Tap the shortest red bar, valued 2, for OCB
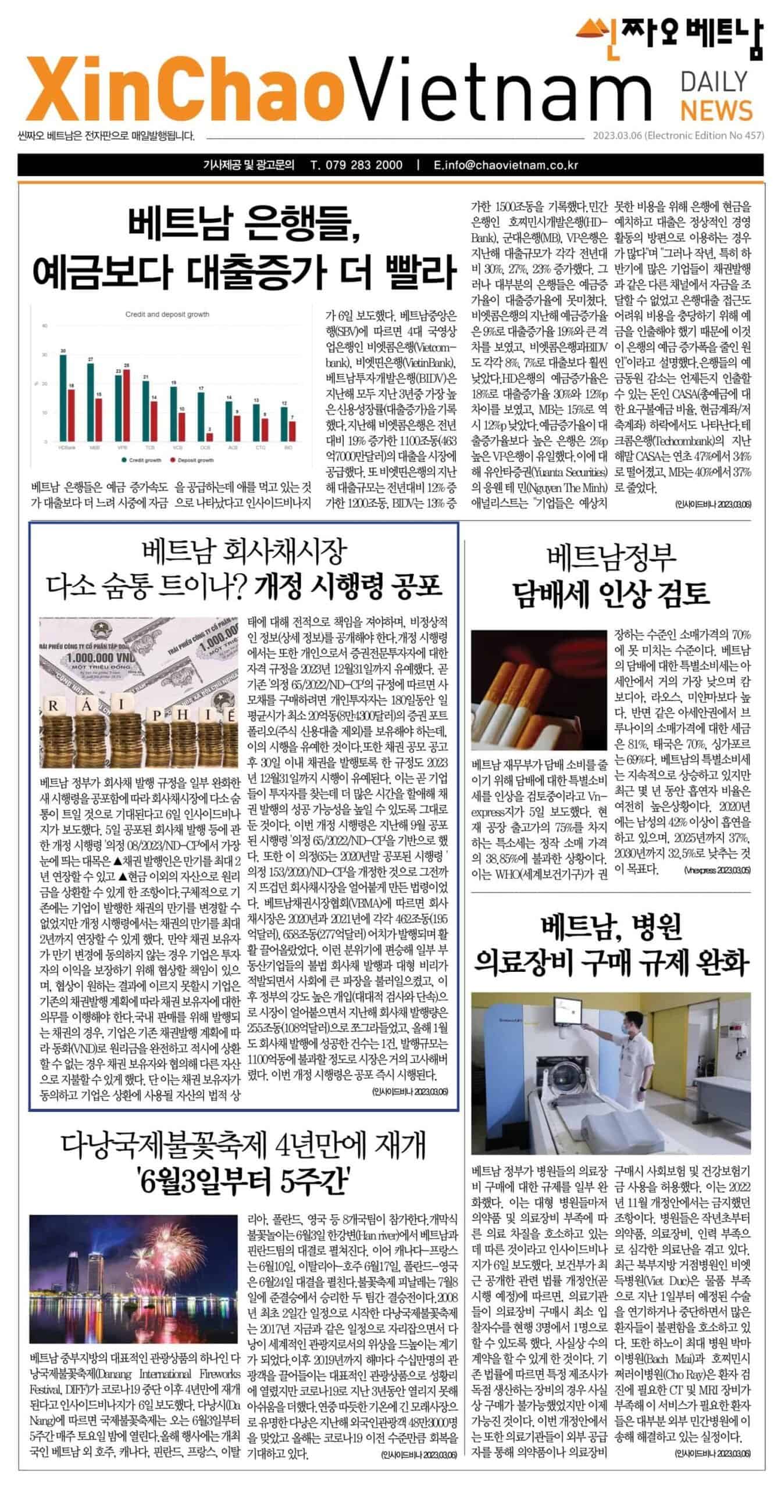pos(209,437)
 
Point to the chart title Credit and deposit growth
pos(167,314)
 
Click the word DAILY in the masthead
pos(714,82)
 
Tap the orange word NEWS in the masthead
pos(716,110)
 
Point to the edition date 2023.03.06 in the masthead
pos(616,136)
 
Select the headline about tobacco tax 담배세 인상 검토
pos(611,593)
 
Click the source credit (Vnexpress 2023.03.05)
pos(716,871)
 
